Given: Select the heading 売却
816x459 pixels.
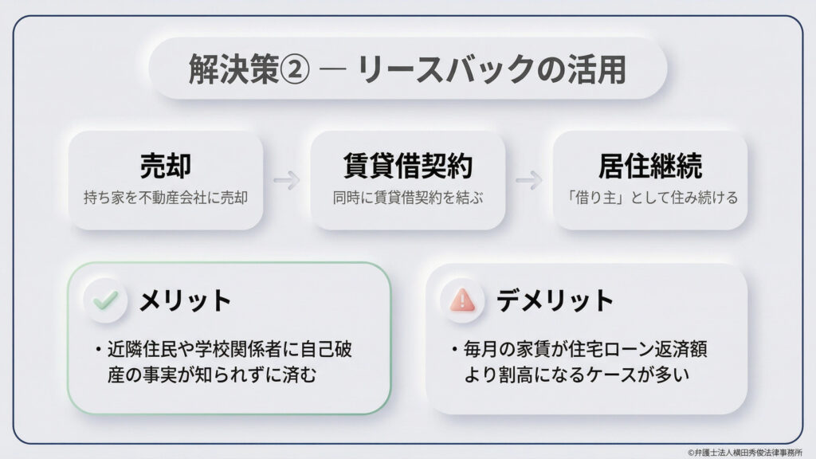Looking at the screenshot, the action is coord(165,166).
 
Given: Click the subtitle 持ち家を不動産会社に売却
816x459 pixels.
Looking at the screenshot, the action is coord(165,197).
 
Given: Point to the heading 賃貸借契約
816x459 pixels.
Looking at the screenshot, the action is coord(408,166).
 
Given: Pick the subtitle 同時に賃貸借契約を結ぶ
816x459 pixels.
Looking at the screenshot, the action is coord(408,197).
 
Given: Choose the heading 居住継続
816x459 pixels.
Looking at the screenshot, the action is coord(650,166).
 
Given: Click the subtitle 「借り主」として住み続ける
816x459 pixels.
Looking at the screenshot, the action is coord(650,197).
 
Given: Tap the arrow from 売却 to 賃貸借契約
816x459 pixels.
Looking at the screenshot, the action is coord(286,180).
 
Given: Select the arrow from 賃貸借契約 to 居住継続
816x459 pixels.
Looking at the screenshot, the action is coord(529,180).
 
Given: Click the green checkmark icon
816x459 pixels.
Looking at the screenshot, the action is coord(104,300).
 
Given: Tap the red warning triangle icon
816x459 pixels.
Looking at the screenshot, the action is coord(462,300).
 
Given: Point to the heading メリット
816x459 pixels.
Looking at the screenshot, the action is coord(185,300).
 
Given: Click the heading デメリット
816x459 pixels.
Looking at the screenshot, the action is coord(555,300).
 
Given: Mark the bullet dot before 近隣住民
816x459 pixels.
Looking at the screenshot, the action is coord(96,349).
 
